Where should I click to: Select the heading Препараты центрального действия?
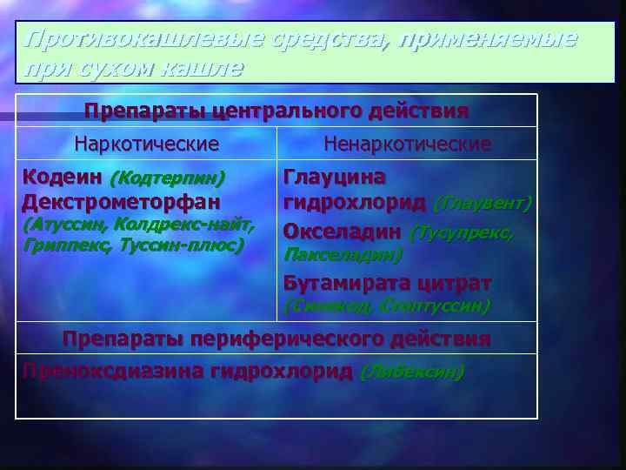[x=276, y=111]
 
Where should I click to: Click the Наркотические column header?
[x=146, y=143]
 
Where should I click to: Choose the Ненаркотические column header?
[x=407, y=143]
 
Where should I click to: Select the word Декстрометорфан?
[x=121, y=202]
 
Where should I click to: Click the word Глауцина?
[x=335, y=177]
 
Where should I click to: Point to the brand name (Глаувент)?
[x=483, y=204]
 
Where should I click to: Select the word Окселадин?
[x=342, y=232]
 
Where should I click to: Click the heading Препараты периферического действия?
[x=276, y=338]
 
